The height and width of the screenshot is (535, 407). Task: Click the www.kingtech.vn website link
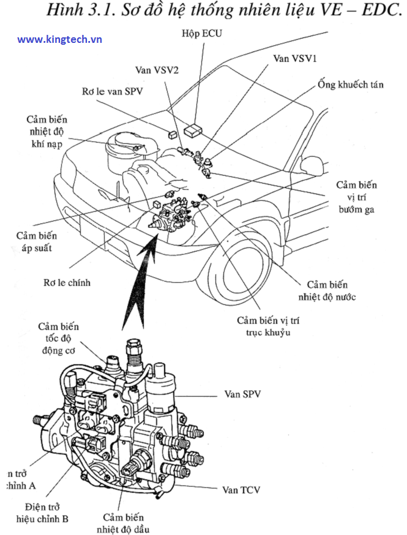pos(59,40)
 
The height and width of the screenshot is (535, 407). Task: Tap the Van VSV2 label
pos(157,70)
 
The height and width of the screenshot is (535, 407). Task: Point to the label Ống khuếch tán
pos(351,84)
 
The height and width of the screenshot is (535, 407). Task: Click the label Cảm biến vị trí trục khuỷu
pos(269,326)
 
